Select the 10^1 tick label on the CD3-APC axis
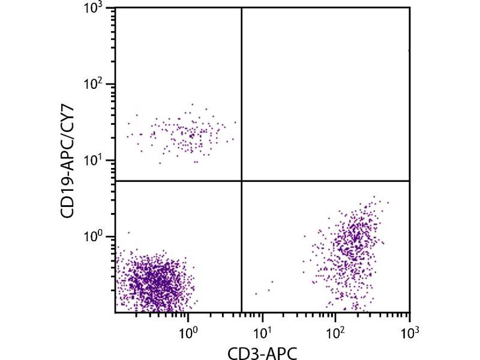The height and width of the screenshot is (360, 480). tap(262, 329)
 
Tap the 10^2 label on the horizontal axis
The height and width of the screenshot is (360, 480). tap(335, 329)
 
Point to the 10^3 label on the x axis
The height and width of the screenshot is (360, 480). tap(409, 329)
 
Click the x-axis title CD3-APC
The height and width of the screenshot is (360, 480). tap(262, 350)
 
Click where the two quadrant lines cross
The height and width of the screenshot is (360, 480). tap(242, 181)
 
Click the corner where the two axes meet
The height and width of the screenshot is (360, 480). tap(115, 313)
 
